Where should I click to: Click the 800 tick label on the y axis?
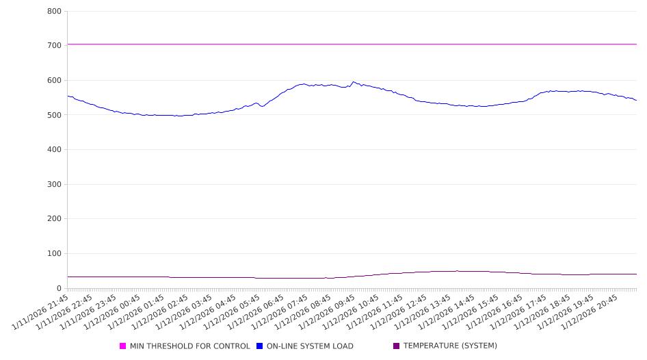[x=54, y=12]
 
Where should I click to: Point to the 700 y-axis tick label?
[x=54, y=46]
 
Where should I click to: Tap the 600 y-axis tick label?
[x=54, y=81]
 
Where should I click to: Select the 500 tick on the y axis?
[x=54, y=115]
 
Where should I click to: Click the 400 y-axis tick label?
[x=54, y=150]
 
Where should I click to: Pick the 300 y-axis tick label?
[x=54, y=185]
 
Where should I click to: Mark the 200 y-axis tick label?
[x=54, y=219]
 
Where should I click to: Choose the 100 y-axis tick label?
[x=54, y=254]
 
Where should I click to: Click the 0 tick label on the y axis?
[x=60, y=288]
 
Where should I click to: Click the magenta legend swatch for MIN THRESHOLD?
[x=123, y=346]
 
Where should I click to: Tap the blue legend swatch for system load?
[x=260, y=346]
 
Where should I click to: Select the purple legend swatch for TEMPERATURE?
[x=397, y=346]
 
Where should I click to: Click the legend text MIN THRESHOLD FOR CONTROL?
[x=189, y=346]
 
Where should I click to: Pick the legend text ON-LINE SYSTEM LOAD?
[x=310, y=346]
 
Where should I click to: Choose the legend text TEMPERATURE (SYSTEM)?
[x=450, y=346]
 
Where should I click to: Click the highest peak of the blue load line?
[x=353, y=82]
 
